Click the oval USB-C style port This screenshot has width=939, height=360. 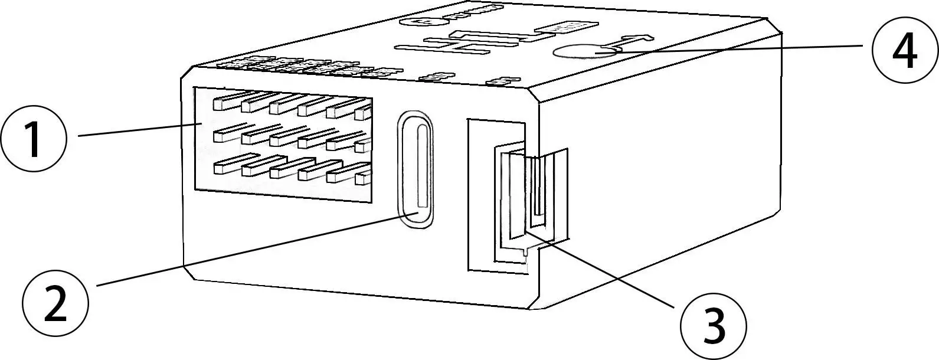click(415, 168)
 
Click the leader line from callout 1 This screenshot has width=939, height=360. click(139, 130)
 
